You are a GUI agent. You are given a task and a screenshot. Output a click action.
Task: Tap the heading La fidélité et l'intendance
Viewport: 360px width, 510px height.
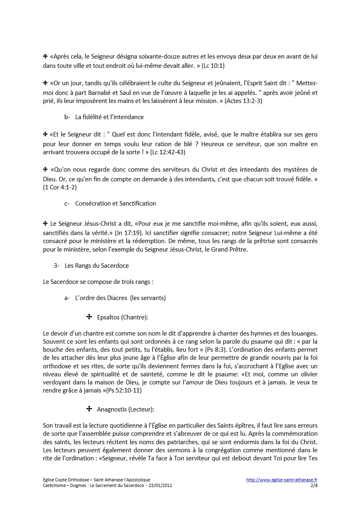(x=109, y=117)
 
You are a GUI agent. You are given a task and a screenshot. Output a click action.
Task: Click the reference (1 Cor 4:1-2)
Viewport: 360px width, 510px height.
(x=60, y=187)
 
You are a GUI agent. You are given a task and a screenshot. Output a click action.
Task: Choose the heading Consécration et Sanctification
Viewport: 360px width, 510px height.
(x=115, y=204)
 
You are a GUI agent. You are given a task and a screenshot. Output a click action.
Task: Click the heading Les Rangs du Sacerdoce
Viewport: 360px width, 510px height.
(x=97, y=266)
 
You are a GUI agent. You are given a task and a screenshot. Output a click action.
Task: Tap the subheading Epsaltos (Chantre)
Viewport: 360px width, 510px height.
(x=123, y=317)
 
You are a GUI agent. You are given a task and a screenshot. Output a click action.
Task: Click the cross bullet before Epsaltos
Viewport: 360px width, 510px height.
(x=89, y=317)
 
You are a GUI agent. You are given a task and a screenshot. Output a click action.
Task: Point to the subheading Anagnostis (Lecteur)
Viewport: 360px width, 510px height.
(x=126, y=409)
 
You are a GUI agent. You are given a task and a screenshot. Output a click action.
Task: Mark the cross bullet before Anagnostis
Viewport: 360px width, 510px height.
(x=89, y=409)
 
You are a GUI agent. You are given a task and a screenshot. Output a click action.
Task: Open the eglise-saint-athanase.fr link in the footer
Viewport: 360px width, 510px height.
(x=282, y=480)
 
